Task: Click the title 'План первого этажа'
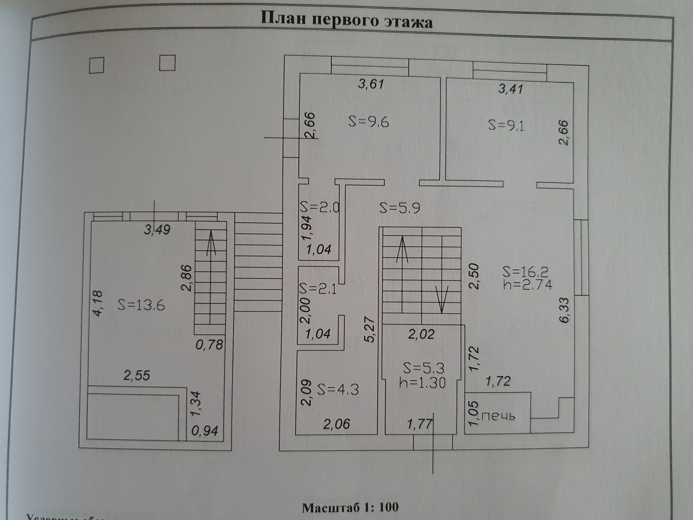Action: coord(346,21)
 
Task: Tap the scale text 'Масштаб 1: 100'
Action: coord(350,507)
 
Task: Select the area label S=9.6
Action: coord(369,122)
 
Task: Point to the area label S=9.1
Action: coord(506,125)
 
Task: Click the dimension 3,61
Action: coord(371,84)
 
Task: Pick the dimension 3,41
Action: coord(510,88)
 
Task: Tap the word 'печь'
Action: coord(498,416)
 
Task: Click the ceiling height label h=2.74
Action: coord(527,285)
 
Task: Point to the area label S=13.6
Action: coord(141,305)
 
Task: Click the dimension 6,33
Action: coord(565,310)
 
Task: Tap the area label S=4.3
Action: coord(338,389)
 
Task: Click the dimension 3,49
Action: coord(157,230)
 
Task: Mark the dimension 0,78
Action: coord(209,345)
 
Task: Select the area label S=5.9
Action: coord(400,208)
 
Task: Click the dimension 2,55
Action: coord(136,376)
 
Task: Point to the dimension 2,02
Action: coord(421,334)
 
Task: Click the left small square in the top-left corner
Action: coord(96,65)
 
